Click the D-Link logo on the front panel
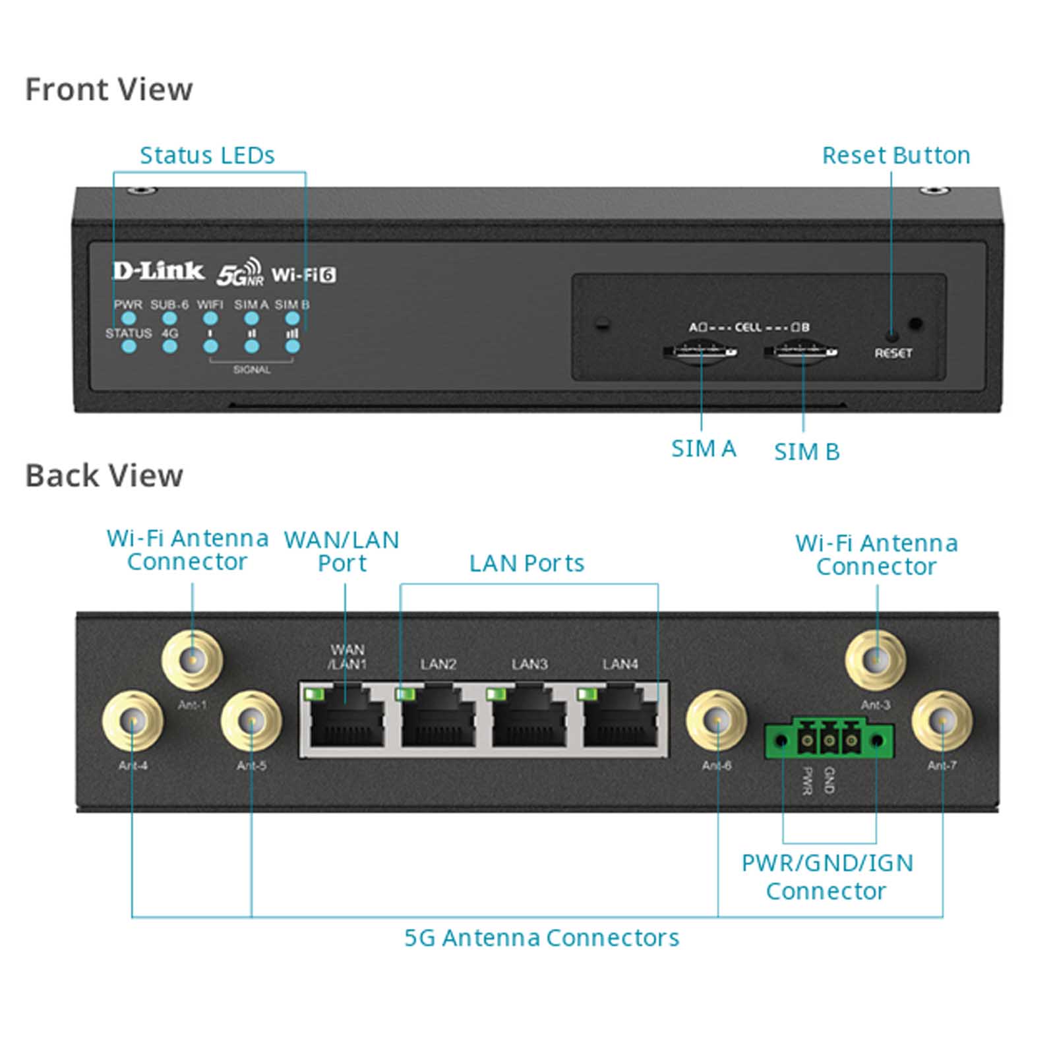pyautogui.click(x=158, y=271)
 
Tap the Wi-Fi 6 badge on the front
pyautogui.click(x=303, y=274)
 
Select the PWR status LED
pyautogui.click(x=129, y=318)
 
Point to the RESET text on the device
pyautogui.click(x=893, y=353)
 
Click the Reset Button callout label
pyautogui.click(x=896, y=156)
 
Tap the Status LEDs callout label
pyautogui.click(x=207, y=156)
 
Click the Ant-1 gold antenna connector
pyautogui.click(x=193, y=659)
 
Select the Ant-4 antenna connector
pyautogui.click(x=133, y=721)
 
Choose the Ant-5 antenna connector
pyautogui.click(x=251, y=721)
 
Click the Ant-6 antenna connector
pyautogui.click(x=717, y=721)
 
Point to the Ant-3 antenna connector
pyautogui.click(x=876, y=659)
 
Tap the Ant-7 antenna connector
pyautogui.click(x=942, y=721)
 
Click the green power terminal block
pyautogui.click(x=829, y=740)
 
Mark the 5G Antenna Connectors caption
pyautogui.click(x=541, y=938)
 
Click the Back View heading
pyautogui.click(x=104, y=475)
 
